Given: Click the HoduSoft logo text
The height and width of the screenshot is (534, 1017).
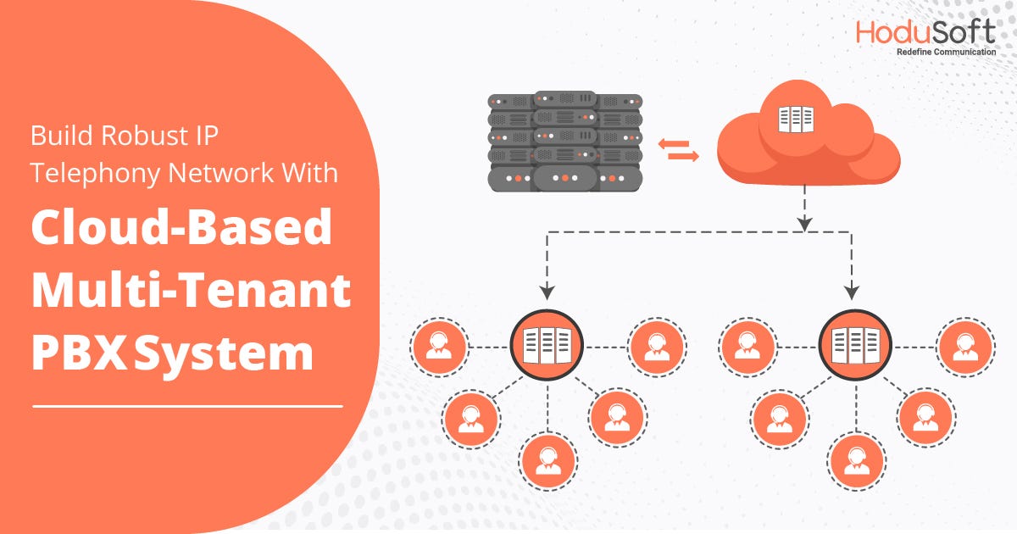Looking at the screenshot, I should coord(925,31).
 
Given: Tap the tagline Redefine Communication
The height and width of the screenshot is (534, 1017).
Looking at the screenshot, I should coord(946,53).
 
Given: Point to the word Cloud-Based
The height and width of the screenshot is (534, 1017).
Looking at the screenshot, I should coord(181,228).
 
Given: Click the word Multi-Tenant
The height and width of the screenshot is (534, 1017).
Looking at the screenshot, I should coord(191,291).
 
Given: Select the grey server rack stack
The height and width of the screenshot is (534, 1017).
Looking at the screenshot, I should coord(564,141).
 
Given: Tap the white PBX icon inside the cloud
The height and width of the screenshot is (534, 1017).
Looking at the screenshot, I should coord(795,120).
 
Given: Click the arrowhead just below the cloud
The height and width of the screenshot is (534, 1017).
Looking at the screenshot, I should coord(804,223).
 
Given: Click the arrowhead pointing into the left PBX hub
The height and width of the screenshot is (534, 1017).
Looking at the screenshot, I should coord(547,291).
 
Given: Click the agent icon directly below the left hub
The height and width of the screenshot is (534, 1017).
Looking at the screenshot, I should coord(547,461).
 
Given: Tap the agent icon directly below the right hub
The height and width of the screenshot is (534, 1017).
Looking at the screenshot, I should coord(856,461).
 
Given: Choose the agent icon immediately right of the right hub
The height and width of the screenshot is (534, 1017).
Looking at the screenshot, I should coord(964,347).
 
